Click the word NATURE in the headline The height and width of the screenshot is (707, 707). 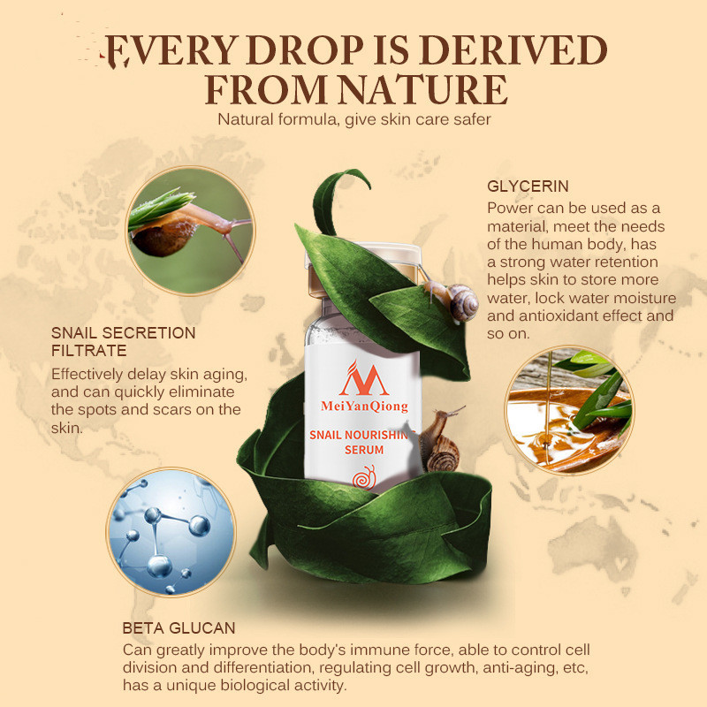pyautogui.click(x=423, y=89)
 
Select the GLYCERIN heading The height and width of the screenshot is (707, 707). pyautogui.click(x=528, y=186)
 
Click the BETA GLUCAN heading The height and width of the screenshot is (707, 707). pyautogui.click(x=179, y=628)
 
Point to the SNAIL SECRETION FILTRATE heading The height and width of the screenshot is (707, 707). pyautogui.click(x=123, y=341)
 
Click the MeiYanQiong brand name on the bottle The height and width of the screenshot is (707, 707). pyautogui.click(x=364, y=407)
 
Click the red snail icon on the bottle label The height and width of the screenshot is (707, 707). pyautogui.click(x=364, y=477)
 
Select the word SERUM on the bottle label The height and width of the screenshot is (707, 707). pyautogui.click(x=364, y=450)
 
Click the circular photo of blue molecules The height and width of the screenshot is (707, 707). pyautogui.click(x=171, y=532)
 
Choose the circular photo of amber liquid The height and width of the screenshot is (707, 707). pyautogui.click(x=569, y=410)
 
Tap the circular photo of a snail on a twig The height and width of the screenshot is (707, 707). pyautogui.click(x=190, y=231)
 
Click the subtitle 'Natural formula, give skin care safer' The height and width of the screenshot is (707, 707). pyautogui.click(x=354, y=119)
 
